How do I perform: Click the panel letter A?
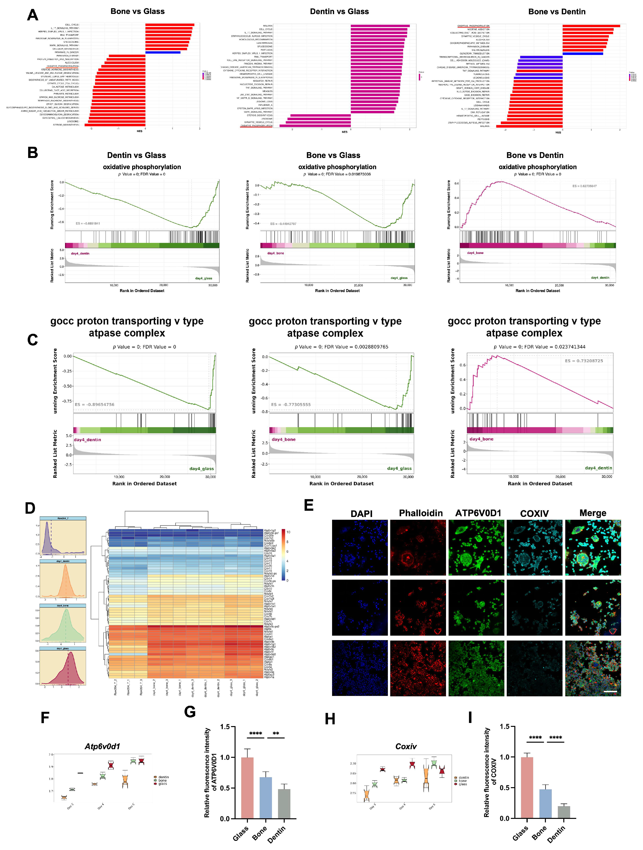coord(33,15)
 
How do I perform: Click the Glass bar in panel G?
coord(247,788)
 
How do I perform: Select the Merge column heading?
coord(593,513)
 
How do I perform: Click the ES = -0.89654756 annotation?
coord(95,405)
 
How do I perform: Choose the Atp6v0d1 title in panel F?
coord(102,746)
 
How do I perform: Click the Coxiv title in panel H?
coord(406,746)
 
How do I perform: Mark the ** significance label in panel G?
coord(275,734)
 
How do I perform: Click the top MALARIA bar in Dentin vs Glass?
coord(380,26)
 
